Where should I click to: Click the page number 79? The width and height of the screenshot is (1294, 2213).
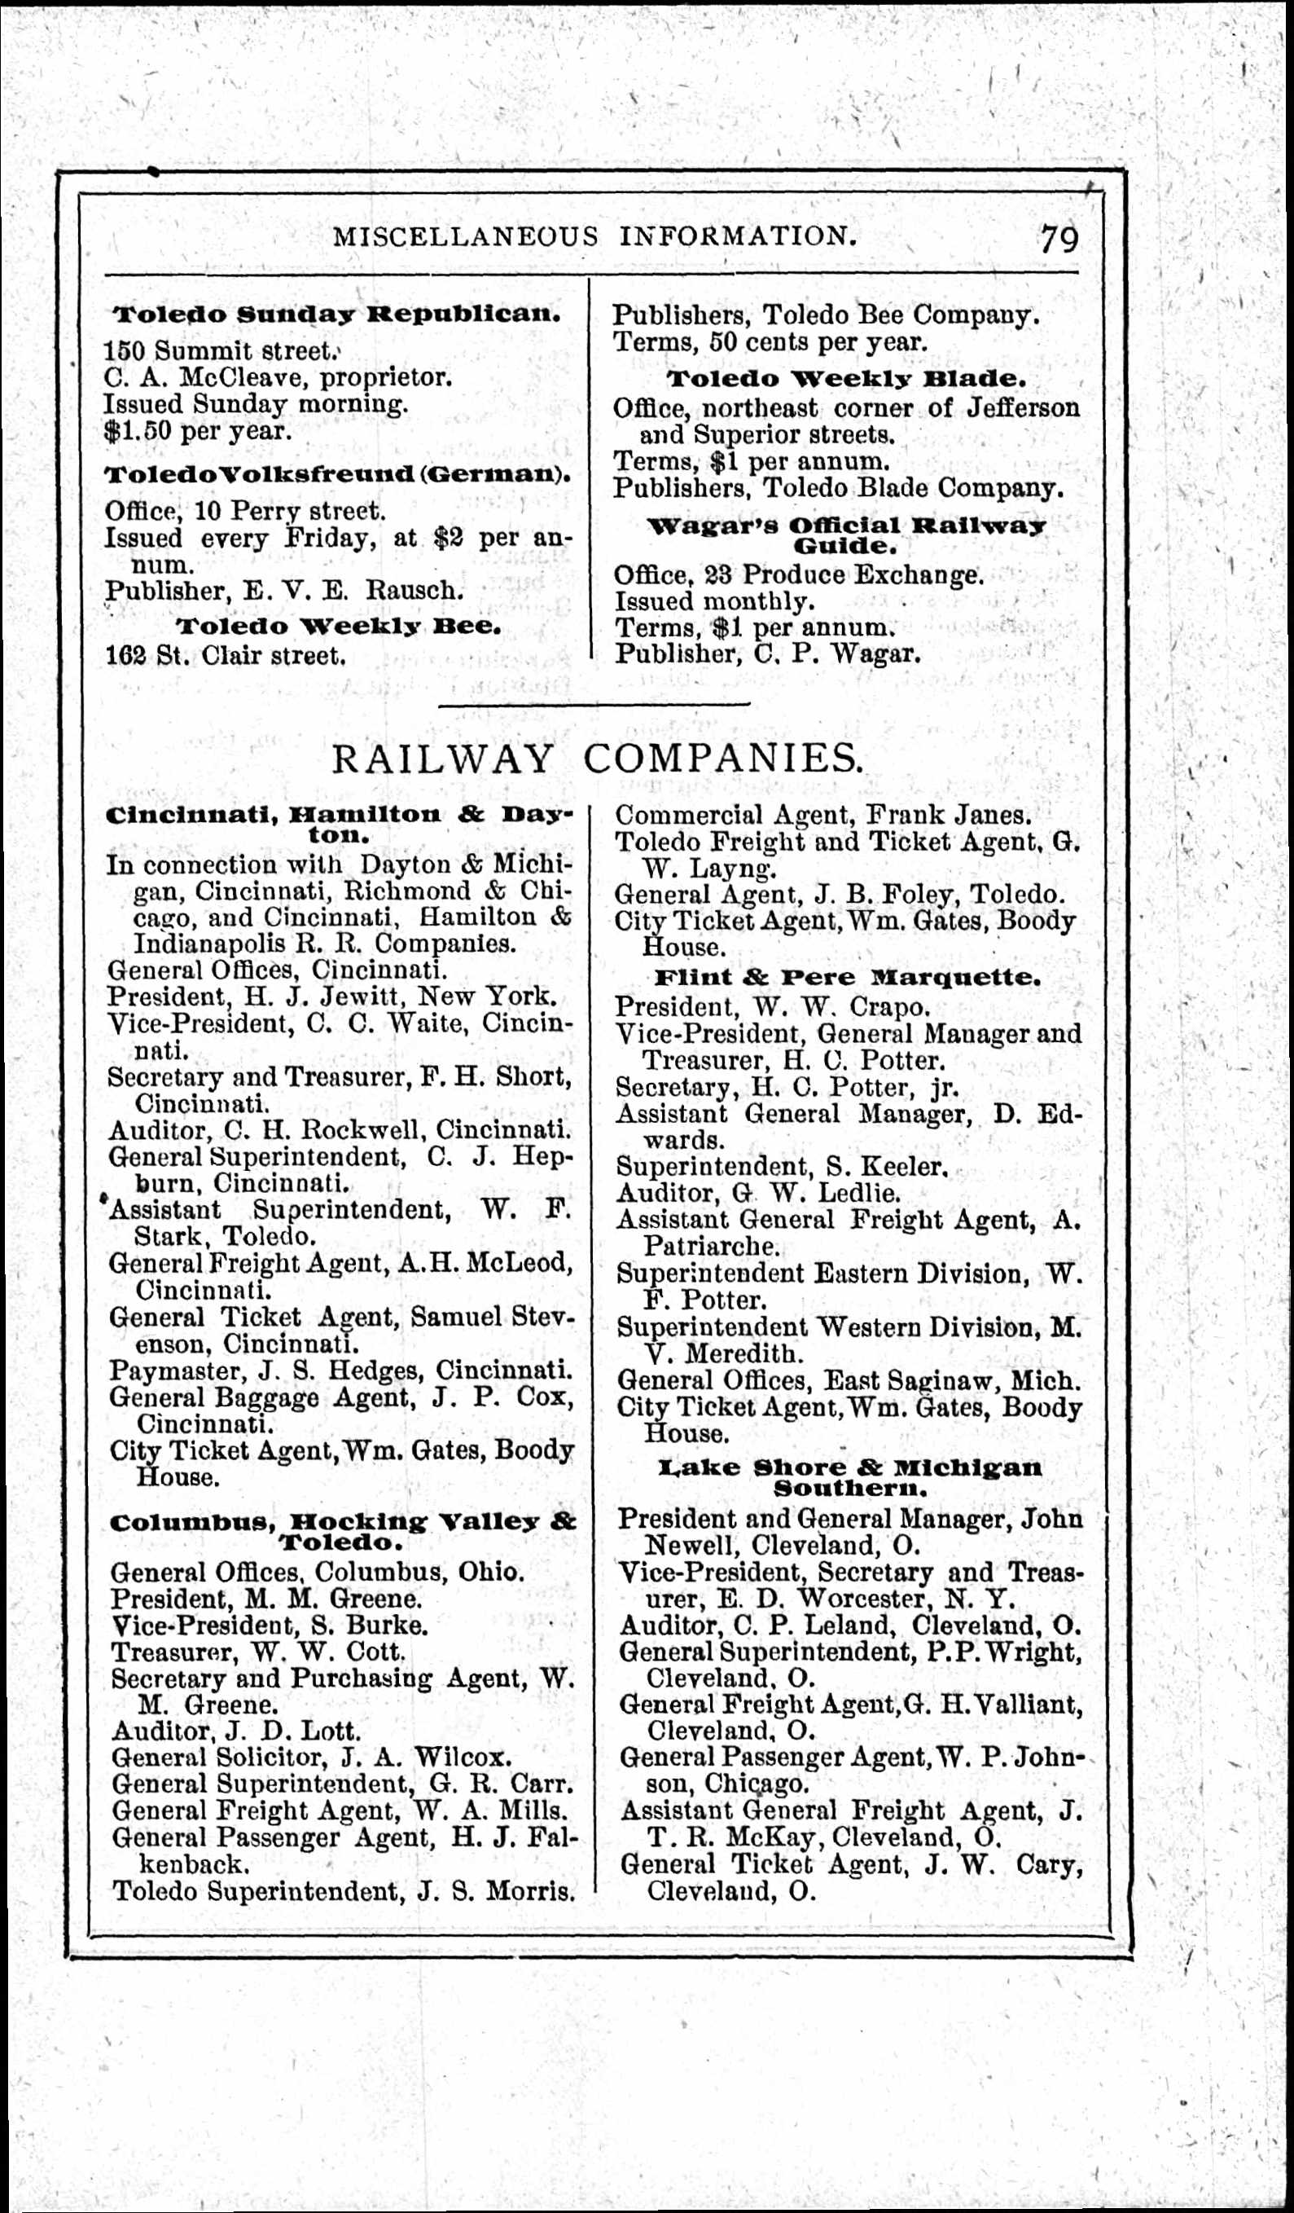[x=1059, y=238]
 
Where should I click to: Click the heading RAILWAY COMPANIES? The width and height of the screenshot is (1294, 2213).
[x=596, y=759]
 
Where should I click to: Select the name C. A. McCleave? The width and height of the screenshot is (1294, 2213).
[x=205, y=377]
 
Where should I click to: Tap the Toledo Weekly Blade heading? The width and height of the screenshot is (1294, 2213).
[x=846, y=381]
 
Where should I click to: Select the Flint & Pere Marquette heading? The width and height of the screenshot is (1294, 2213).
[x=848, y=978]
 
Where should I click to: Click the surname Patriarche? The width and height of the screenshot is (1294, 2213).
[x=710, y=1246]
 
